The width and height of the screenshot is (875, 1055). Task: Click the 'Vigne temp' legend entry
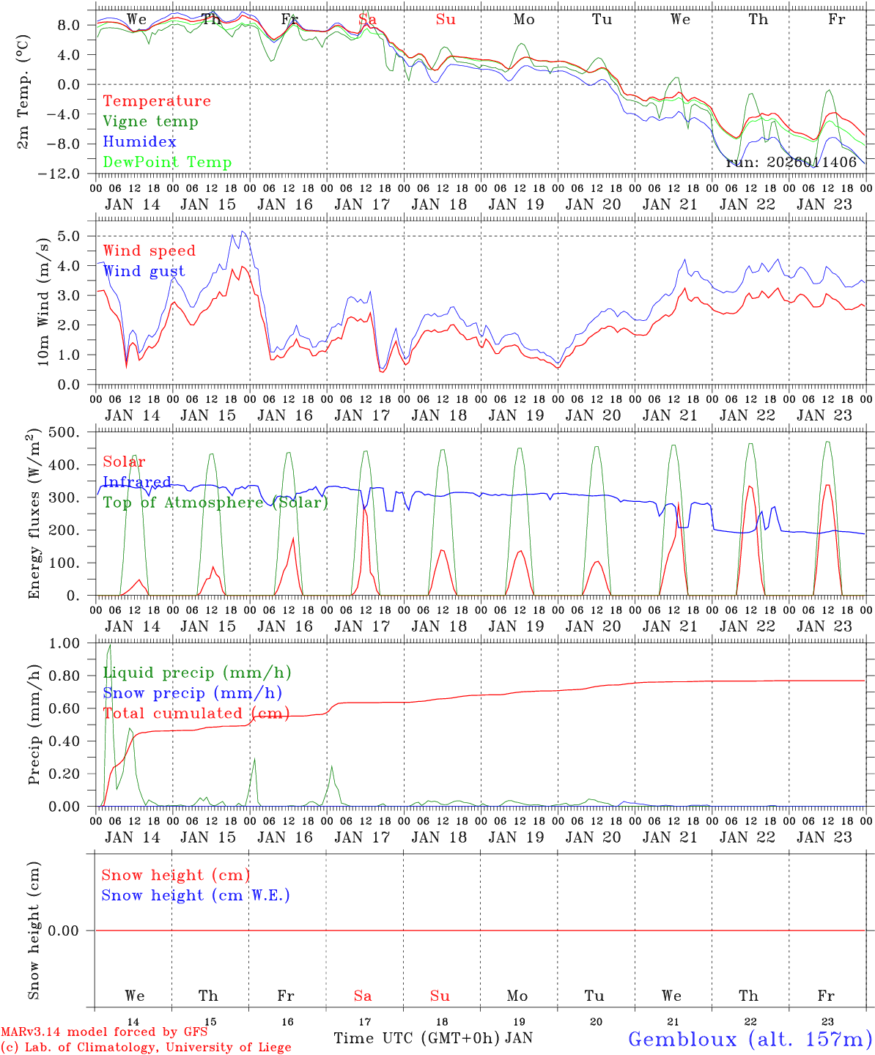click(x=150, y=122)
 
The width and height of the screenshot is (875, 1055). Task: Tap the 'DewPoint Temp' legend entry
click(x=167, y=163)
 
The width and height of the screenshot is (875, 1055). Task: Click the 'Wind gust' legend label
click(x=144, y=271)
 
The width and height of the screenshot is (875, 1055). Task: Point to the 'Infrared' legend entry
click(x=137, y=482)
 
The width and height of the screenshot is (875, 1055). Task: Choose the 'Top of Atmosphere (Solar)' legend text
click(x=215, y=503)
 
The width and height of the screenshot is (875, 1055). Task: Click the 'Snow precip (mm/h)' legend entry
click(x=192, y=693)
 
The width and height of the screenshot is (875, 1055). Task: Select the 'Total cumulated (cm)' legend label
click(x=196, y=714)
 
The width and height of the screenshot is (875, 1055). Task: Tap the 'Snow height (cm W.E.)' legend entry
click(x=196, y=895)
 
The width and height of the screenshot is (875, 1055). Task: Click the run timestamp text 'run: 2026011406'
click(x=791, y=163)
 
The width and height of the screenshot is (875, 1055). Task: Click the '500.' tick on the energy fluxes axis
click(x=64, y=432)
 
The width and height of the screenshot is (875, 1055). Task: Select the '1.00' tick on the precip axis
click(x=64, y=643)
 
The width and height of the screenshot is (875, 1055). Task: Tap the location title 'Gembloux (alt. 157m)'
click(x=750, y=1039)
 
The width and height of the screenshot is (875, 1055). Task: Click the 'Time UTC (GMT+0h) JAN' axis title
click(x=432, y=1038)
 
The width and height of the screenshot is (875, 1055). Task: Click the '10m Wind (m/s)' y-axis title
click(x=43, y=301)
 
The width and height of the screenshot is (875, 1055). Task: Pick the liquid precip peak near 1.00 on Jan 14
click(x=110, y=645)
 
